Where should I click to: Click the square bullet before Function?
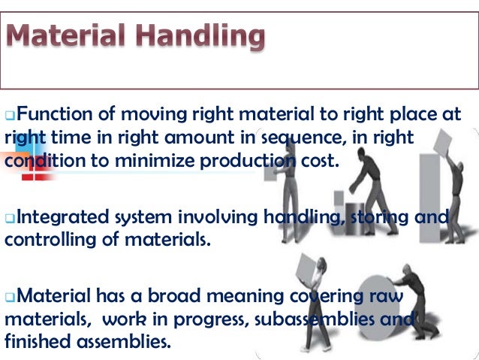click(x=10, y=116)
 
